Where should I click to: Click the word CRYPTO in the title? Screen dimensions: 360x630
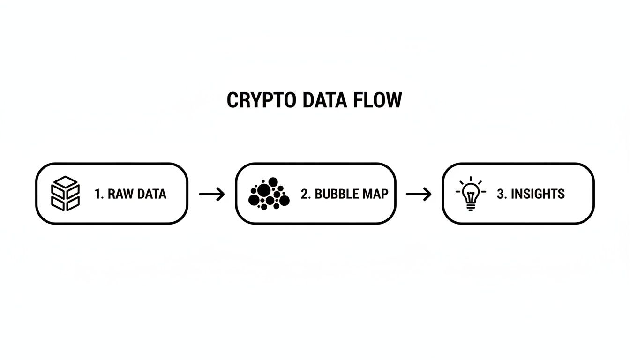[255, 100]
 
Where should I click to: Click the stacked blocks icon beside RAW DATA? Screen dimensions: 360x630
[65, 193]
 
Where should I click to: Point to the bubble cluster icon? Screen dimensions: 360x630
[268, 193]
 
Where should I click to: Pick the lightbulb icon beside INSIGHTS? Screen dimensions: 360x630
[471, 194]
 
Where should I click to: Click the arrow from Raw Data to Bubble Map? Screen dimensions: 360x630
[212, 194]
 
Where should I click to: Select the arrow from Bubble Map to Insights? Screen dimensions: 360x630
[419, 194]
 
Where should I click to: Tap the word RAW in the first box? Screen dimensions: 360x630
[119, 194]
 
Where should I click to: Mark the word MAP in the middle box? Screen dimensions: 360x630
[375, 194]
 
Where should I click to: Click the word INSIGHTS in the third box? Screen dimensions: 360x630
[538, 194]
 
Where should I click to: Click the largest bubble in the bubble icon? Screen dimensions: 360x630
[264, 190]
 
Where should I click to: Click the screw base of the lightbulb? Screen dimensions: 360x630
[471, 206]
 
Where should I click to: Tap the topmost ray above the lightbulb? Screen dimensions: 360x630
[471, 179]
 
